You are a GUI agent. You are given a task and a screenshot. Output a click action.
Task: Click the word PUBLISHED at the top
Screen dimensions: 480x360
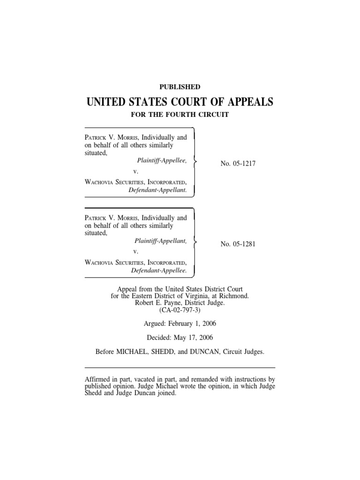[x=180, y=87]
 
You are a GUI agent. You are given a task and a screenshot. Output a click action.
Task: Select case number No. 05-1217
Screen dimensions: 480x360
[x=238, y=163]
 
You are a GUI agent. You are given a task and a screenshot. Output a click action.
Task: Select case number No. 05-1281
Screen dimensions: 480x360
[x=238, y=244]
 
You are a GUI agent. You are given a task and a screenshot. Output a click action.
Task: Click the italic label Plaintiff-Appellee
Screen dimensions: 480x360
[x=160, y=160]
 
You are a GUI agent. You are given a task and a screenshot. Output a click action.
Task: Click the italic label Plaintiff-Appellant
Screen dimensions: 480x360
[x=160, y=240]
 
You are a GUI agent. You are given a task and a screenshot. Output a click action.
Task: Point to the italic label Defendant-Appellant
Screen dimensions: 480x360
[x=157, y=190]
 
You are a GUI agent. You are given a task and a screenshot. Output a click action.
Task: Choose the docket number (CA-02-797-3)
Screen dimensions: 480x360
[x=180, y=310]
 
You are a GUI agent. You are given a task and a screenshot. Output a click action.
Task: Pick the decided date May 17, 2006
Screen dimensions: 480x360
[x=193, y=337]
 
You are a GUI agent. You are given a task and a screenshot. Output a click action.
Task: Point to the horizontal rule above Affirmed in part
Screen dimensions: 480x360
[x=180, y=367]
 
